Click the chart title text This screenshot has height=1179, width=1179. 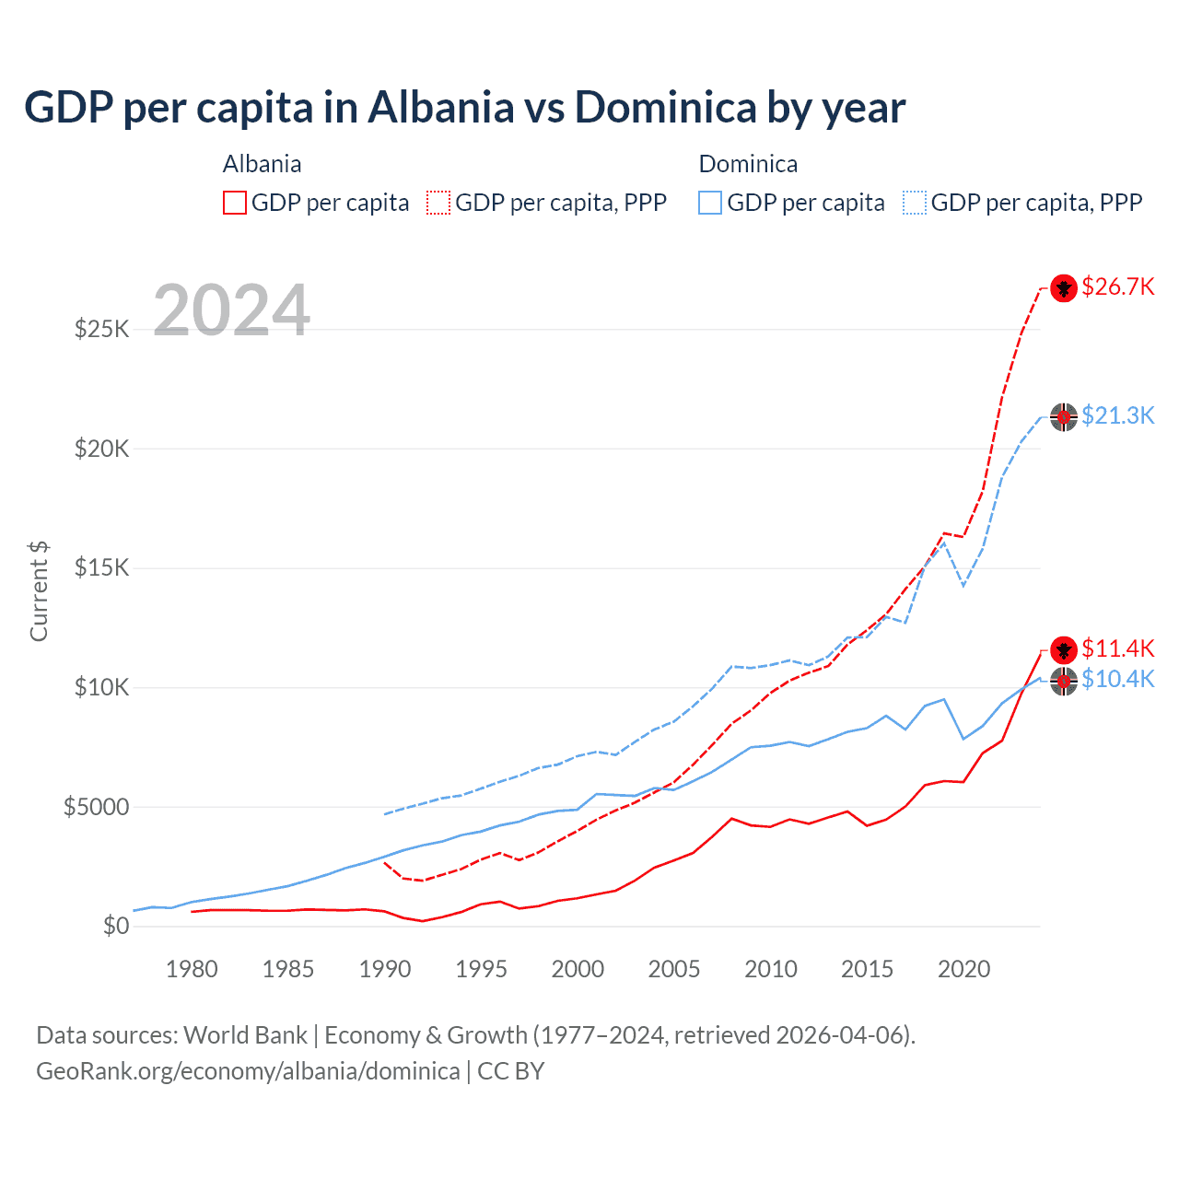click(464, 108)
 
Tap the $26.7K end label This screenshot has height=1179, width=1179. click(1117, 286)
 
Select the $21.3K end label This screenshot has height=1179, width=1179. click(1117, 415)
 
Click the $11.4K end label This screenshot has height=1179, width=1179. click(1117, 648)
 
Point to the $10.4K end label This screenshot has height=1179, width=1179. click(1117, 679)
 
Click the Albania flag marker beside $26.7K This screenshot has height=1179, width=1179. click(1064, 288)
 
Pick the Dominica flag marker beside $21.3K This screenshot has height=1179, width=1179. click(1064, 417)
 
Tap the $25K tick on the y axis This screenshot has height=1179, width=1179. click(101, 329)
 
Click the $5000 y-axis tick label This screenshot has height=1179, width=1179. click(96, 807)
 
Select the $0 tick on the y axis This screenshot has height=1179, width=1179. click(115, 926)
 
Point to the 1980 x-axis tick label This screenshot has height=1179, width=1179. click(192, 969)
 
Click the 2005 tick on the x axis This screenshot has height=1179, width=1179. click(674, 969)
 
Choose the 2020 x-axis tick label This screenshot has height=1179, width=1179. click(963, 969)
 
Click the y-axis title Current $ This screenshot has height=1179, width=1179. click(39, 591)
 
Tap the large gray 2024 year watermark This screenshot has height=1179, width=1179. click(231, 310)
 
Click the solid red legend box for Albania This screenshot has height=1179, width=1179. click(235, 203)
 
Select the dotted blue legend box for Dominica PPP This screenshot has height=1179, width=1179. click(915, 203)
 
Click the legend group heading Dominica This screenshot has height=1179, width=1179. click(748, 164)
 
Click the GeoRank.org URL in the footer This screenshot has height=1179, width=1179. click(248, 1071)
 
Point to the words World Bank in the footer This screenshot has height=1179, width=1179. click(245, 1035)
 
